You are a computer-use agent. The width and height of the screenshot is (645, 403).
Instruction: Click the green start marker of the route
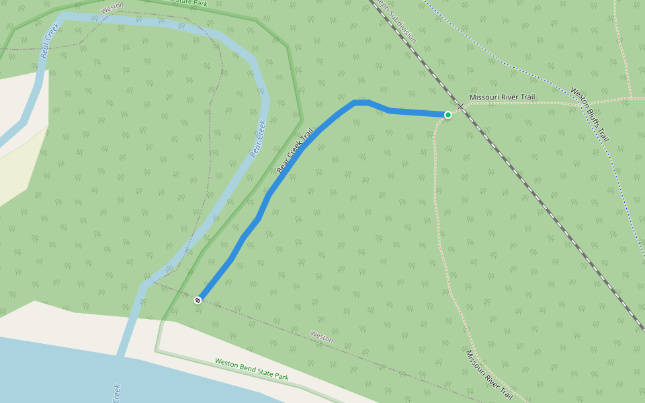(x=448, y=115)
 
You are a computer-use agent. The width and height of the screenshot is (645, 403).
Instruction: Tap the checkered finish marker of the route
(x=198, y=300)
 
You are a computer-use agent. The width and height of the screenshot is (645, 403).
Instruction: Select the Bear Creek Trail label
(x=296, y=152)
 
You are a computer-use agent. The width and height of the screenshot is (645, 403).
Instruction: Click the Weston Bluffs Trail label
(x=590, y=114)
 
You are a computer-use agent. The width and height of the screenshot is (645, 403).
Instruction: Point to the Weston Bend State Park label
(x=251, y=369)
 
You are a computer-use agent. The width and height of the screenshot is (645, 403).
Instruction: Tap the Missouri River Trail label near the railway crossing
(x=502, y=97)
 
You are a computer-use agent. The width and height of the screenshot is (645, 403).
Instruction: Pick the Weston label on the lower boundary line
(x=322, y=337)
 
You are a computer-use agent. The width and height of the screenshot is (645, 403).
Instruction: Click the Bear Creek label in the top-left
(x=50, y=40)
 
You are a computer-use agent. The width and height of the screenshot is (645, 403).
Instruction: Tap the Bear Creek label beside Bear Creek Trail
(x=258, y=138)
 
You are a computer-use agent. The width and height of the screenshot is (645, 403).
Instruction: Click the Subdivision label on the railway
(x=396, y=20)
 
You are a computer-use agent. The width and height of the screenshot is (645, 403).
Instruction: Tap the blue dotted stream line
(x=511, y=67)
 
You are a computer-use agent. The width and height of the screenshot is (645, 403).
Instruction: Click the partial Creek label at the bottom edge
(x=116, y=392)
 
